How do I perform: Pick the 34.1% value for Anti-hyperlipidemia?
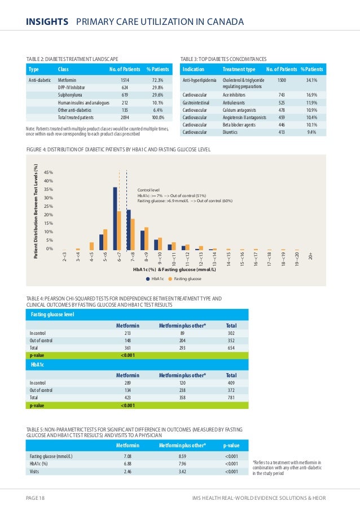(311, 80)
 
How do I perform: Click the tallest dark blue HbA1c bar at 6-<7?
(115, 218)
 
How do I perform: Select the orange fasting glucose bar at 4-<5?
(92, 246)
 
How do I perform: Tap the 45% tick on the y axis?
(49, 172)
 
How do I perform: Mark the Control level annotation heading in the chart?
(148, 190)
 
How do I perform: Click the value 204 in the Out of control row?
(182, 341)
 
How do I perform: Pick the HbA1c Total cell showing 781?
(231, 398)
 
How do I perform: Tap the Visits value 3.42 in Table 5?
(182, 472)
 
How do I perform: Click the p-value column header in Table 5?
(231, 445)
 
